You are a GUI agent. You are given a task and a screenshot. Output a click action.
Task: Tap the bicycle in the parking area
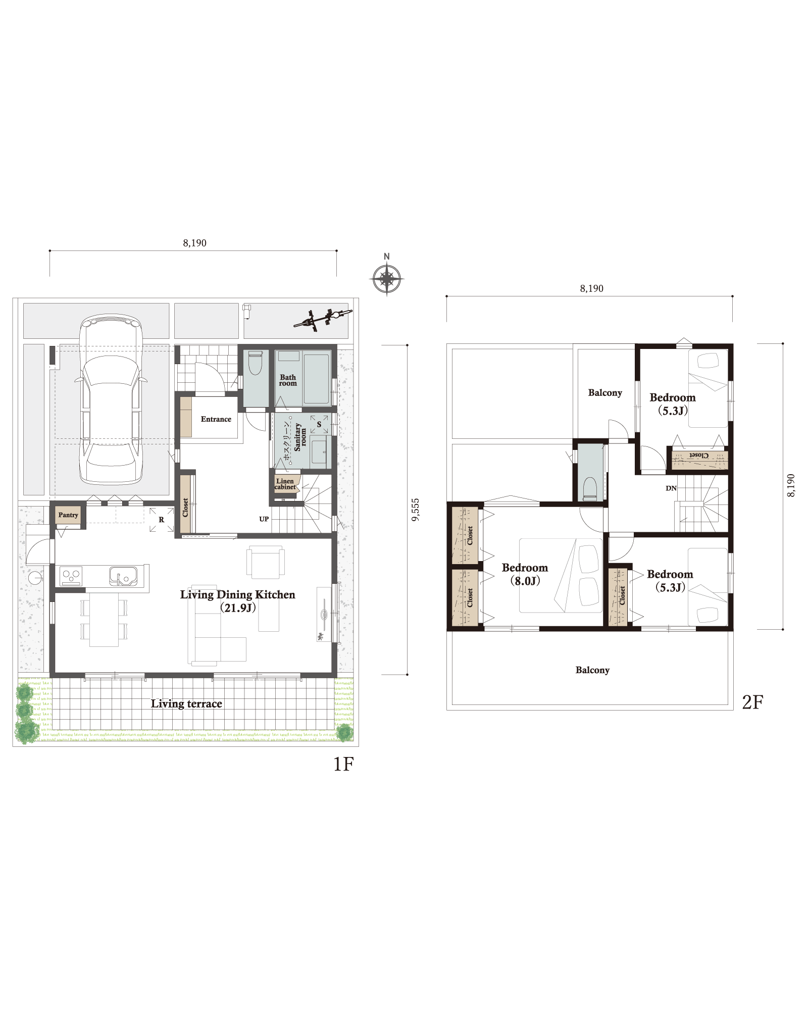point(323,319)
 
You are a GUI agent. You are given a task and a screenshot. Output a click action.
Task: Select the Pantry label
point(68,515)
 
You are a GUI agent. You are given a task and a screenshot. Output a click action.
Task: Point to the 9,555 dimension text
point(415,510)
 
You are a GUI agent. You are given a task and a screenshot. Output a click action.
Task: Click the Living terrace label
point(186,704)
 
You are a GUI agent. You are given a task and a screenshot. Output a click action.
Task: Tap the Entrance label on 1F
point(216,419)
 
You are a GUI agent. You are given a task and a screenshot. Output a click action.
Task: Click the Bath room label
point(288,380)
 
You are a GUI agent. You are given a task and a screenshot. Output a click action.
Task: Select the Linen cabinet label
point(285,484)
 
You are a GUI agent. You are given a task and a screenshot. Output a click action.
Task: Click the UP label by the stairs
point(264,519)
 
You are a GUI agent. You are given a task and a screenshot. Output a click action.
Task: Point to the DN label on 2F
point(671,488)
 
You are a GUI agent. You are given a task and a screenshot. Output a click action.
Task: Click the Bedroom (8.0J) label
point(525,574)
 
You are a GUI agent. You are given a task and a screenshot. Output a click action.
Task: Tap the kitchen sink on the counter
point(123,576)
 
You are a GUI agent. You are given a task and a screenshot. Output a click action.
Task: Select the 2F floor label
point(752,702)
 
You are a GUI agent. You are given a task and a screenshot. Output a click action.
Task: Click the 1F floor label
point(343,764)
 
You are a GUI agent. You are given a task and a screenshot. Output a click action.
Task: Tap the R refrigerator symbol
point(162,520)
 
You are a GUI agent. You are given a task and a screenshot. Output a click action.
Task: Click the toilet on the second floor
point(590,488)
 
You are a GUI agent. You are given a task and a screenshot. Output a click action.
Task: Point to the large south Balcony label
point(592,670)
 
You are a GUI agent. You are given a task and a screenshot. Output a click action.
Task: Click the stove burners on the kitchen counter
point(71,576)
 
